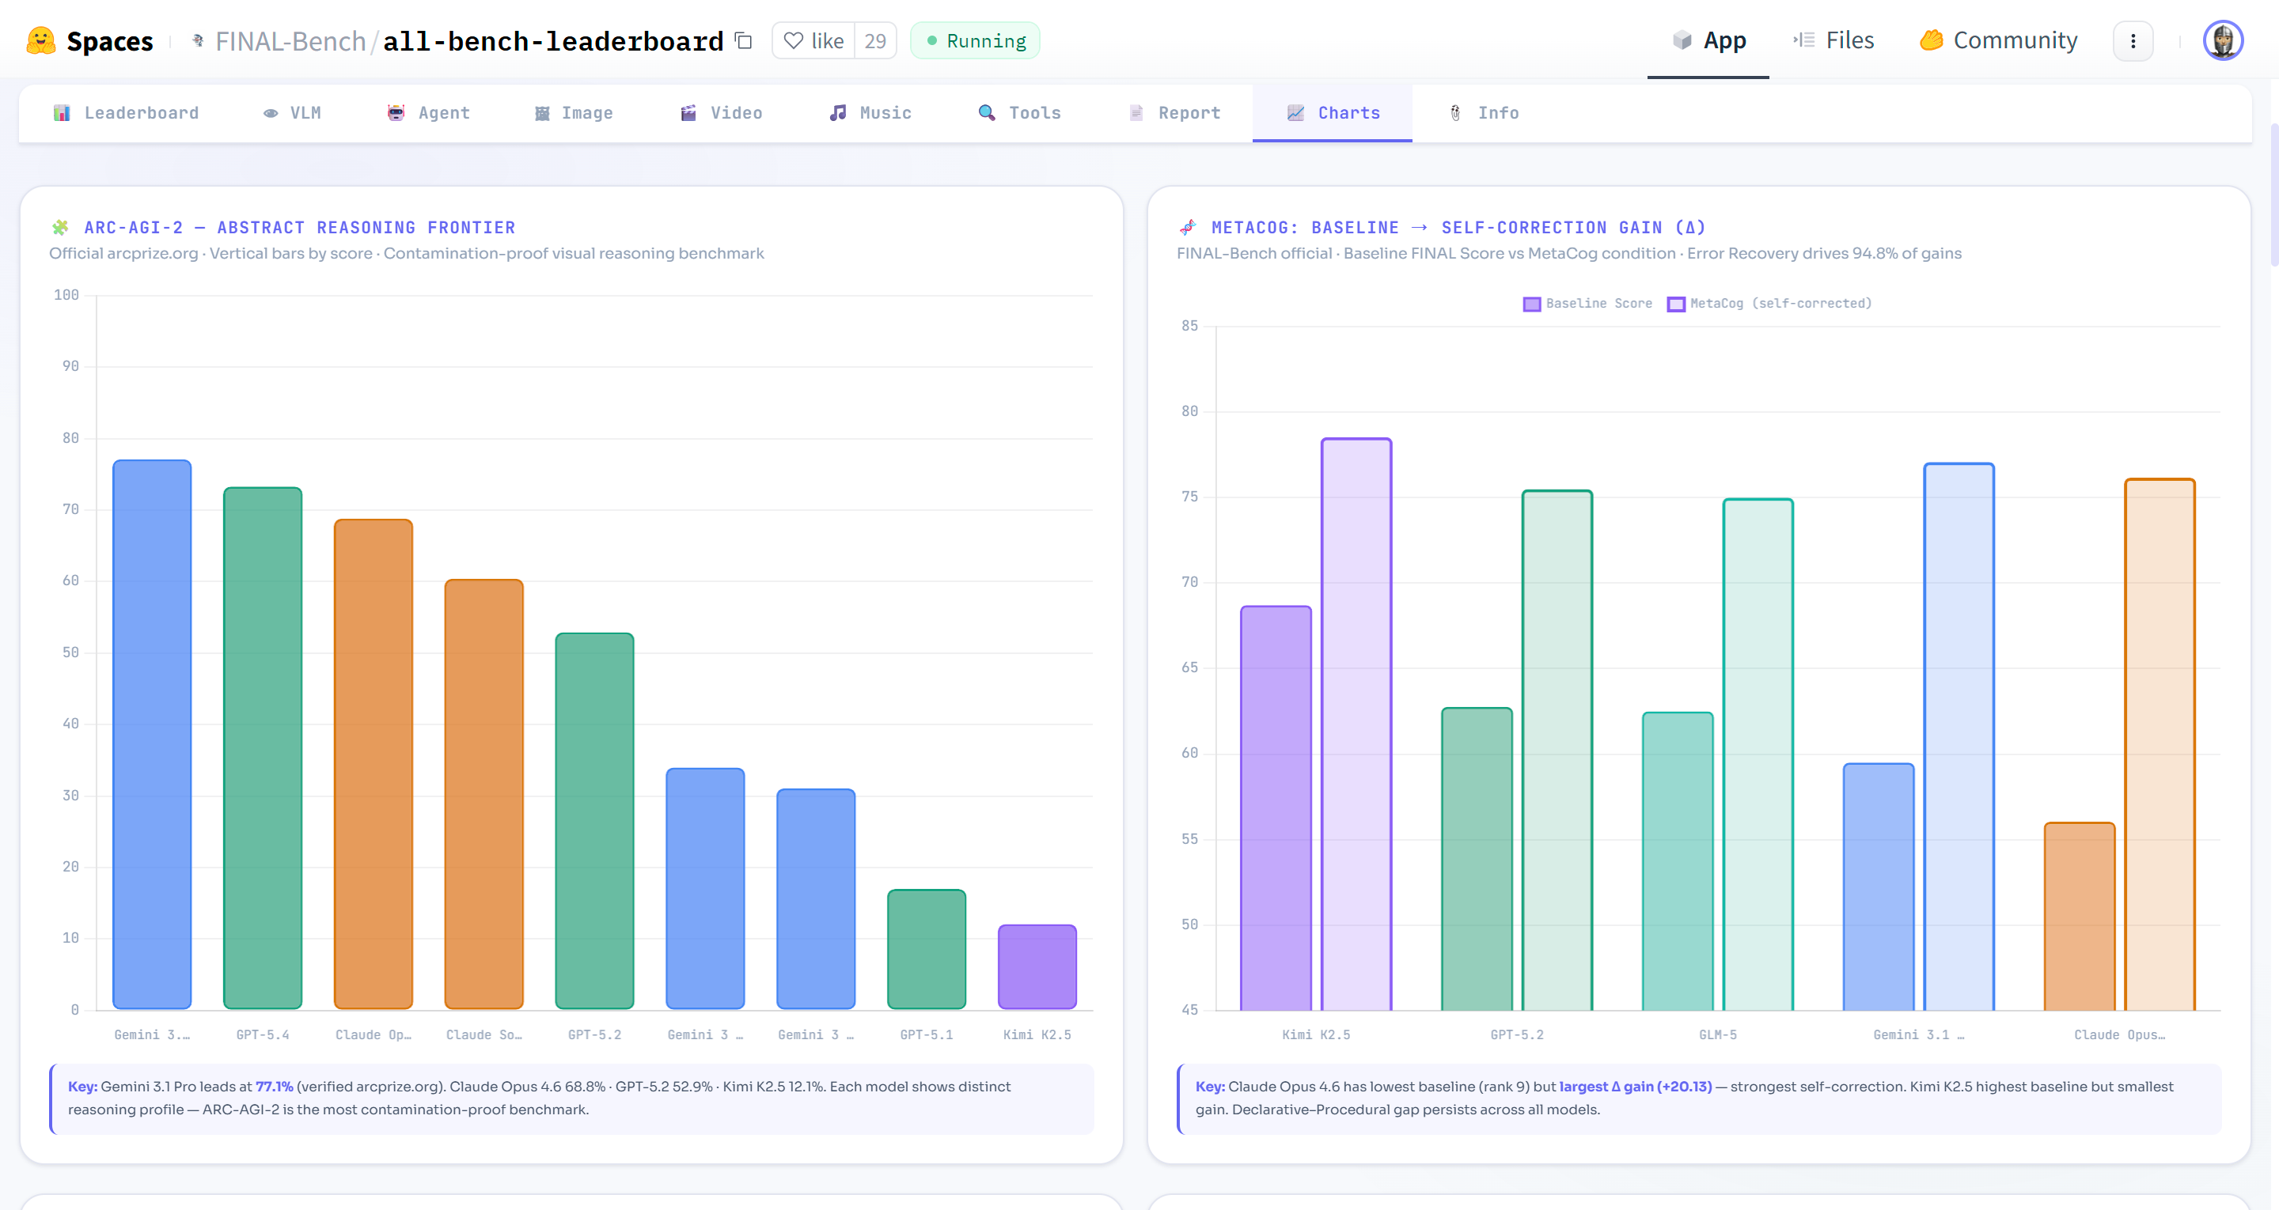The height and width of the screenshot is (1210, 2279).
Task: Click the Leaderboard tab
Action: click(x=127, y=113)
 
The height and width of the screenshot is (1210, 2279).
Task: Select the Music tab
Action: click(x=870, y=113)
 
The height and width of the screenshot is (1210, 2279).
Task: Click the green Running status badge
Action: click(x=975, y=40)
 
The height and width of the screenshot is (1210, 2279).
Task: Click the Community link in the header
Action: click(x=1999, y=40)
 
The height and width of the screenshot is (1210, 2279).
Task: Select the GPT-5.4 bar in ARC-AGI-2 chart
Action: click(x=263, y=747)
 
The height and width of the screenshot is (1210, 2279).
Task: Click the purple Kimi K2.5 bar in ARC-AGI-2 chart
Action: click(x=1037, y=966)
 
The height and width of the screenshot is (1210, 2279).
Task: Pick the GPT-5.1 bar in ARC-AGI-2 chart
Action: click(x=927, y=948)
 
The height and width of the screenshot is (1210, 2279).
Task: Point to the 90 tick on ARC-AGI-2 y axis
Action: click(x=70, y=366)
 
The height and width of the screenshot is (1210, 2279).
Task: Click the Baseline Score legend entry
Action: click(x=1587, y=304)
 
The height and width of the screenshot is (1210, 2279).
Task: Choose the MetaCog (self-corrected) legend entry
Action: click(x=1769, y=304)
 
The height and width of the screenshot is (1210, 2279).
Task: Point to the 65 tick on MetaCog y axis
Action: click(x=1190, y=667)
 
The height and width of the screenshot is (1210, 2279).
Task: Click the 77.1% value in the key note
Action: click(x=275, y=1086)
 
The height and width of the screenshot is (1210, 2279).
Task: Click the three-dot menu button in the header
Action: click(x=2133, y=40)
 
